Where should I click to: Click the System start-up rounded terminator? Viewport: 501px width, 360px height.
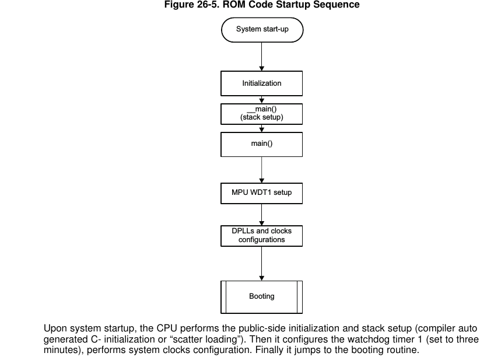262,30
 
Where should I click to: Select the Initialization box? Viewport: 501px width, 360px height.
261,83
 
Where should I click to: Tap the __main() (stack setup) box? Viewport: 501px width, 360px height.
261,114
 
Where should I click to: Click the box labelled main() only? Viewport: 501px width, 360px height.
261,145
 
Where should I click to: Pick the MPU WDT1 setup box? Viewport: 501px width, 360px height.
261,193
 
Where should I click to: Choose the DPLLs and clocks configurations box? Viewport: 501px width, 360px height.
261,236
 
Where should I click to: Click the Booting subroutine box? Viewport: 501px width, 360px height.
261,297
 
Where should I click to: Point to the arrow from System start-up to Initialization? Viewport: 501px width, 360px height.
262,57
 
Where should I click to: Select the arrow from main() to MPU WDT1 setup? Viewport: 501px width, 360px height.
262,170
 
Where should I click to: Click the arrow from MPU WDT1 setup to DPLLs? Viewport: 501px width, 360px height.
262,215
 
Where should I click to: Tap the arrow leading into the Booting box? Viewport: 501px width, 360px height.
262,264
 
